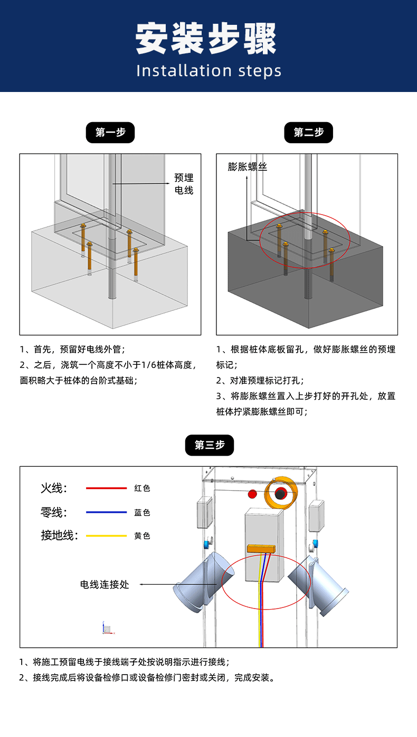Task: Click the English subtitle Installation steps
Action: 209,71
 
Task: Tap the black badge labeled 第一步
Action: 110,133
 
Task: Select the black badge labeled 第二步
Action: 309,133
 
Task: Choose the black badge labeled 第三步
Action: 209,445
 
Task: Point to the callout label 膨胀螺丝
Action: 248,167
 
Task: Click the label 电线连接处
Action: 105,584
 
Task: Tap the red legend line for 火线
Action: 107,488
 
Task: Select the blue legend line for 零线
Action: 107,512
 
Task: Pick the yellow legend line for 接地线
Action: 107,536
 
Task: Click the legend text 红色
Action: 142,488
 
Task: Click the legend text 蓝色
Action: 142,512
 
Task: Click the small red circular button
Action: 252,494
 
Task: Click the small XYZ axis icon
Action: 108,628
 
